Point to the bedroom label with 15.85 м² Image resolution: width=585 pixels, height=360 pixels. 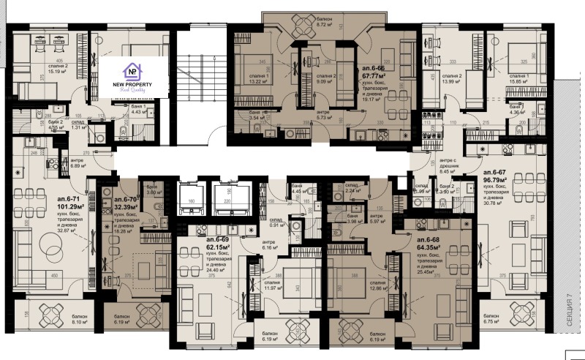click(x=518, y=79)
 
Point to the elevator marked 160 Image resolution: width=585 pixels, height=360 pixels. click(x=194, y=198)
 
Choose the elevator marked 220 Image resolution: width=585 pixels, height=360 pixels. click(x=226, y=198)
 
